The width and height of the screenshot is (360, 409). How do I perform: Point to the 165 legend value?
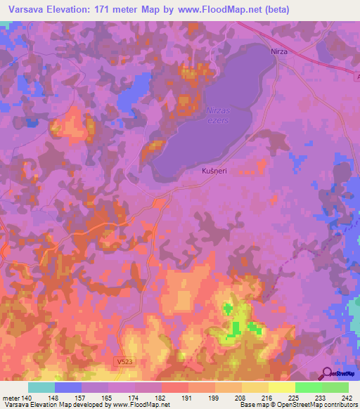coord(108,397)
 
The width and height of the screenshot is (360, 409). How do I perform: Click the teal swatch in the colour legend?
coord(41,387)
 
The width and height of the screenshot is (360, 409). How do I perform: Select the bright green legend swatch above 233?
coord(308,387)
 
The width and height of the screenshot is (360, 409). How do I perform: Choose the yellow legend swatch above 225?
coord(281,387)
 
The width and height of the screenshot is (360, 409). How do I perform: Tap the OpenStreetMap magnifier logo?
coord(326,374)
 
